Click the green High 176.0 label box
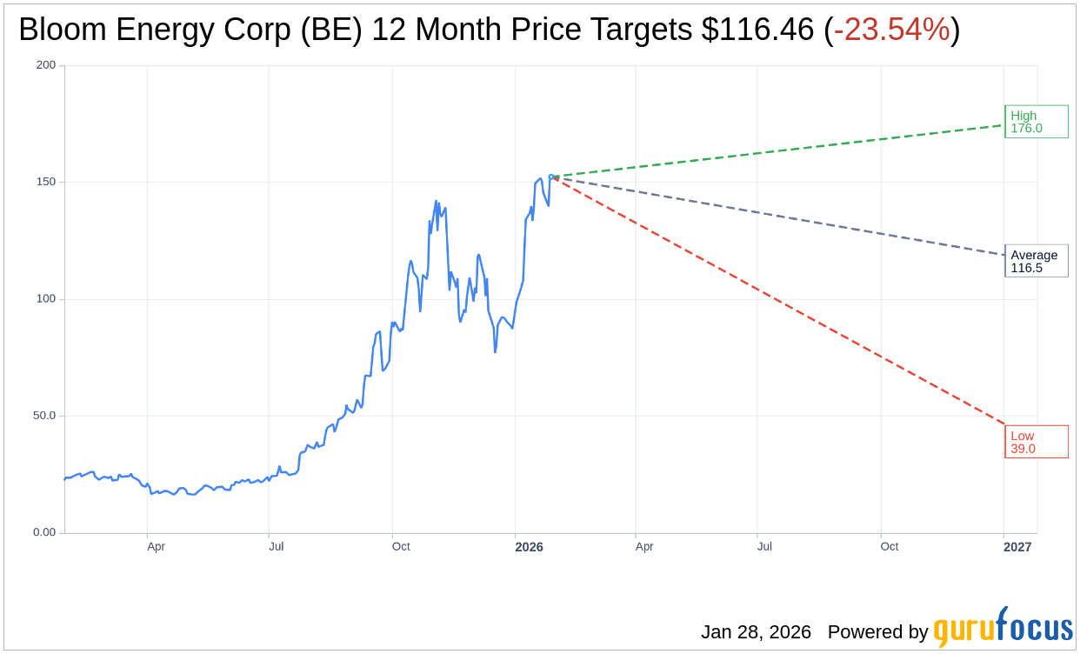point(1036,122)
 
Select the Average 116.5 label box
point(1036,261)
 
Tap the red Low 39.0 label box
point(1036,442)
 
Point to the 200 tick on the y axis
point(46,65)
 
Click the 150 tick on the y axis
point(46,182)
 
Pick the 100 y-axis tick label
point(46,298)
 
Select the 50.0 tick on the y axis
point(44,416)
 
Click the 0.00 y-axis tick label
point(44,532)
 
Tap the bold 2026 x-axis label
point(529,547)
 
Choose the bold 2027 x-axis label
point(1017,547)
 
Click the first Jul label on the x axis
point(276,547)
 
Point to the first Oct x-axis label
point(401,547)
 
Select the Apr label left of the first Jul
point(156,547)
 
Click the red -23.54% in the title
point(891,30)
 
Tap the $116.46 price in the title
point(758,30)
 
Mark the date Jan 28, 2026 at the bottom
point(756,632)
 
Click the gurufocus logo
point(1003,628)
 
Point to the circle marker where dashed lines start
point(551,177)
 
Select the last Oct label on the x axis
point(889,547)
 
